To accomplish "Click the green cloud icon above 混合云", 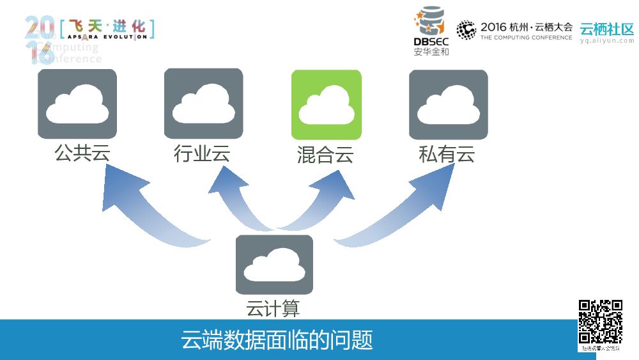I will pos(326,104).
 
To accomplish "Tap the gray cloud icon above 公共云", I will pos(77,104).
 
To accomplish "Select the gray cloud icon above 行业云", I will pos(203,104).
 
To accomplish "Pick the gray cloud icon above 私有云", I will pos(448,104).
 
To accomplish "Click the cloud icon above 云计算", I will pos(274,264).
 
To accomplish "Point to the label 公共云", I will pos(78,153).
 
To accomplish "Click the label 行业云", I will pos(202,153).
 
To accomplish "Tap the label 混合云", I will pos(325,155).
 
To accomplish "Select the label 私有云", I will pos(447,154).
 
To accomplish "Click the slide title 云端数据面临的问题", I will pos(277,340).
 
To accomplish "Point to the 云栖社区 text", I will pos(606,29).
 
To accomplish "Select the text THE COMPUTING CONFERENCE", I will pos(526,38).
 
